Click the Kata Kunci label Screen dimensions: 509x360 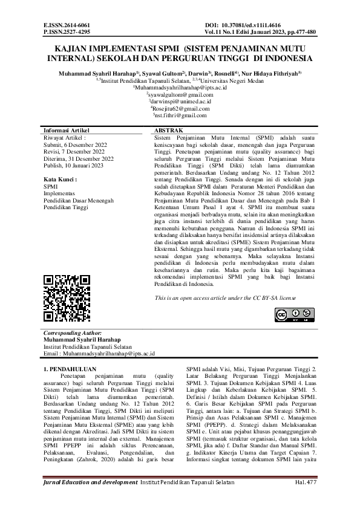pyautogui.click(x=61, y=180)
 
